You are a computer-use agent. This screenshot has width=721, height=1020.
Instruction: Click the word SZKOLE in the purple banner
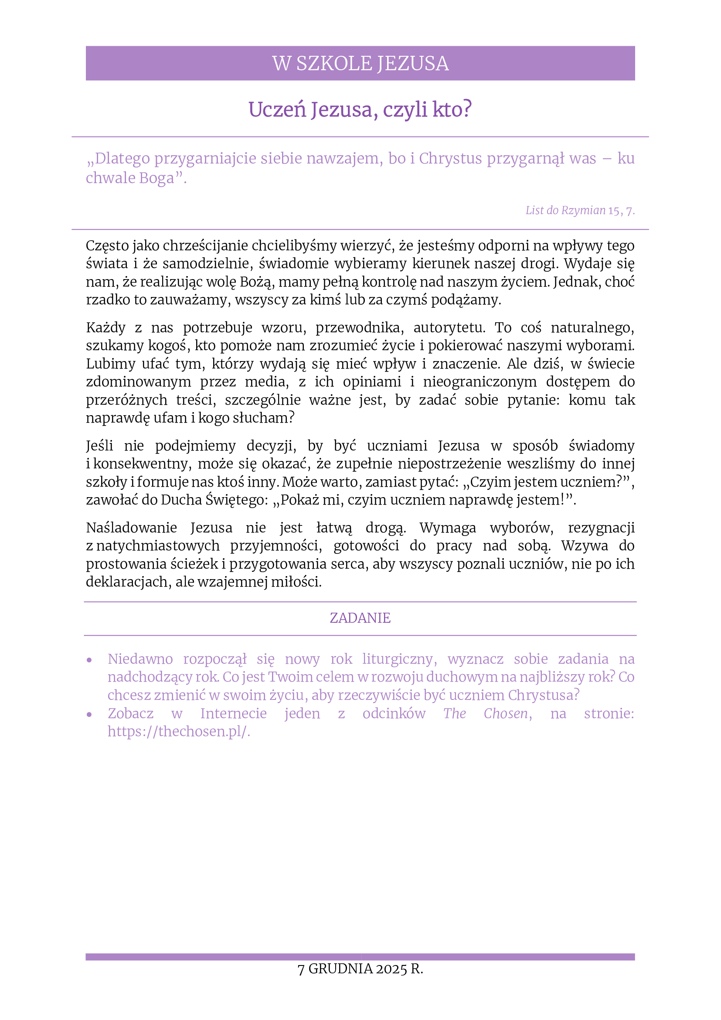point(334,64)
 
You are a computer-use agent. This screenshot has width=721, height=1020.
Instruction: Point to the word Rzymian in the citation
point(583,210)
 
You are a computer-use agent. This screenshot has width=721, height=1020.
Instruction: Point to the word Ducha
point(181,500)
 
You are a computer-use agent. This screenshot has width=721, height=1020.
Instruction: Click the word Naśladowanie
point(131,528)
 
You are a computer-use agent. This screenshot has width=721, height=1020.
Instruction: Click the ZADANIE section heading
point(360,618)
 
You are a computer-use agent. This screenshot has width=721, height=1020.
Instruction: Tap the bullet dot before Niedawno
point(89,660)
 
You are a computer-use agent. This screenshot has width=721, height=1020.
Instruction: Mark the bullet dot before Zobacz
point(89,714)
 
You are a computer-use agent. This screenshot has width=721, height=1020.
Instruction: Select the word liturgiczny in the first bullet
point(399,659)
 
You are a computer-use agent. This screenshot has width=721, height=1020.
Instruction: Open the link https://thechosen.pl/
point(179,732)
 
